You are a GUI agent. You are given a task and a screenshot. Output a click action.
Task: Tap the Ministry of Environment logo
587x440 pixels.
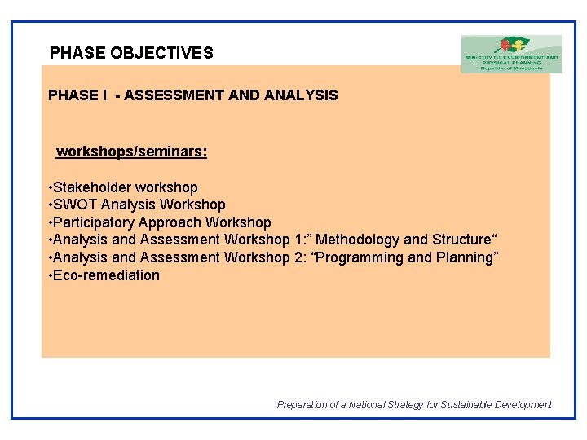click(x=511, y=54)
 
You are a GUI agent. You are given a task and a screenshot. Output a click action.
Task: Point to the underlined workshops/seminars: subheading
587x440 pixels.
click(x=131, y=152)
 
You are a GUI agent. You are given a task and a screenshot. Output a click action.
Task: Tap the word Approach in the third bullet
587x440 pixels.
click(x=170, y=222)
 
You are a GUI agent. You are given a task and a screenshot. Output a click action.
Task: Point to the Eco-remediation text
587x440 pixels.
click(x=107, y=275)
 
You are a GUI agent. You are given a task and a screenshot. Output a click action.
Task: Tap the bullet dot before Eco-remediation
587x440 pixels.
click(x=51, y=275)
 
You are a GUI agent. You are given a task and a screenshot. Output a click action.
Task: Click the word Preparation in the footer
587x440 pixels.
click(x=302, y=405)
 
